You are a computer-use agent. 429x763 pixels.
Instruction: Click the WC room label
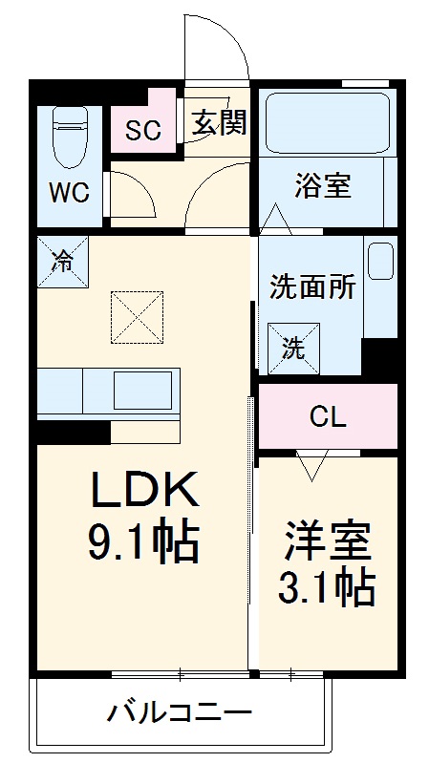click(x=69, y=192)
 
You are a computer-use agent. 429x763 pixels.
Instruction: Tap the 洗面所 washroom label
click(x=312, y=286)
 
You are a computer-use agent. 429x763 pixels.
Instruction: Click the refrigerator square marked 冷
click(x=61, y=261)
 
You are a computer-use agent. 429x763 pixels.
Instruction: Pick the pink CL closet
click(x=327, y=416)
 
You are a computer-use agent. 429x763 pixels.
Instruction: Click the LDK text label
click(x=143, y=492)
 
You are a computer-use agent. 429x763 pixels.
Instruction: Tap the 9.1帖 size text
click(x=143, y=545)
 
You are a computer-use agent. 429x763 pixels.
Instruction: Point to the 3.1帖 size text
click(x=327, y=588)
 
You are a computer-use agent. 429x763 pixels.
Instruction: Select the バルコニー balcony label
click(x=180, y=712)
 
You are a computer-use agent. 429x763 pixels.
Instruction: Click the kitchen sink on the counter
click(x=143, y=391)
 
